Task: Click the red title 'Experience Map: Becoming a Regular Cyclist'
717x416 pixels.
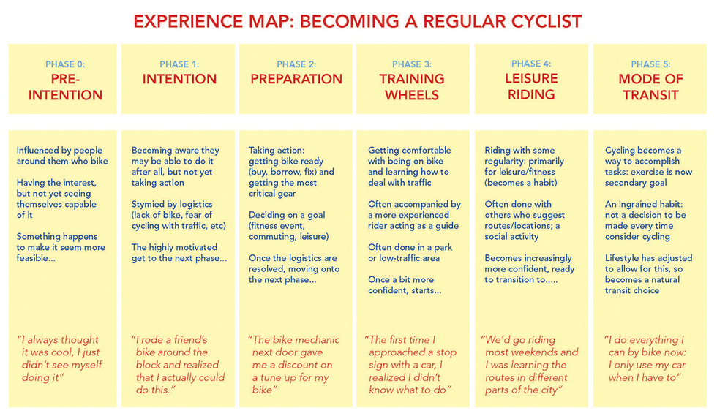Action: pos(357,21)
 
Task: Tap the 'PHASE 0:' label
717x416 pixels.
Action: pos(65,64)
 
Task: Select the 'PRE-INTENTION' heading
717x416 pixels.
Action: pos(65,87)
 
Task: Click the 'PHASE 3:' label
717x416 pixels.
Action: pos(411,64)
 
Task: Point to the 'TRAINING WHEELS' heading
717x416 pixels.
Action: pos(411,87)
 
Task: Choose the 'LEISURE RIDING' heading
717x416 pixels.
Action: pos(531,86)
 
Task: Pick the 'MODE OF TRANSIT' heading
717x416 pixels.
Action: pos(650,87)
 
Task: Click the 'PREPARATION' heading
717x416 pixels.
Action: pos(296,79)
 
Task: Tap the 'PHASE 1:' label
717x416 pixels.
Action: pos(179,64)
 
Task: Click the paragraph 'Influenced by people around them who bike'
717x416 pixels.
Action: pos(62,156)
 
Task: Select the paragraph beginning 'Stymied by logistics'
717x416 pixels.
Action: pos(179,215)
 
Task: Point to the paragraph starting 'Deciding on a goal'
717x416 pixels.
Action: pos(288,226)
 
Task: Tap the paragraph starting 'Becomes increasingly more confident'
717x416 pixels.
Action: pos(530,269)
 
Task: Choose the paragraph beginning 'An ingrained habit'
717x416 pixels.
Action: pos(645,220)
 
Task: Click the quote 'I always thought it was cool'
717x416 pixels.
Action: pos(60,358)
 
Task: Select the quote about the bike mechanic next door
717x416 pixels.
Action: pos(294,365)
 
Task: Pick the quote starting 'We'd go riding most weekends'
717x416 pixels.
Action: pos(530,365)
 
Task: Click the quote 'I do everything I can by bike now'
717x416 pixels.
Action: pos(645,358)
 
